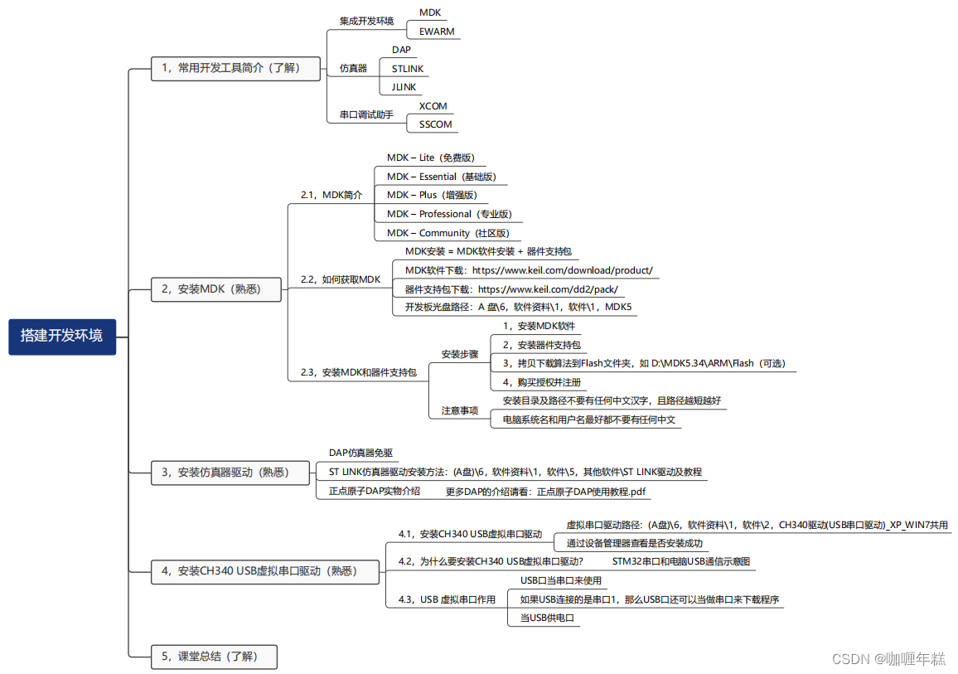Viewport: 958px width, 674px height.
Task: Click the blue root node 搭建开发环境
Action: click(x=62, y=337)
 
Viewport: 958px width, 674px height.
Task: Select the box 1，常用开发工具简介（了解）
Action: click(x=235, y=69)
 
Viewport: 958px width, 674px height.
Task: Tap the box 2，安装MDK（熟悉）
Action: click(x=216, y=289)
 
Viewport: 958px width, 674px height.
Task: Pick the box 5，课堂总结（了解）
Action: click(x=214, y=657)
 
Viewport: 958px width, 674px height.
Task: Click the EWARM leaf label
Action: click(x=437, y=32)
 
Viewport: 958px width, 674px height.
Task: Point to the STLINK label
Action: click(x=408, y=69)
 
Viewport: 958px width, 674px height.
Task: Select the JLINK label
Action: click(x=404, y=87)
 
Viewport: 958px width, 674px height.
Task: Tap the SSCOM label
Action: click(x=436, y=124)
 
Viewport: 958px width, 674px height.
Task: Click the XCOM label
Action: click(x=433, y=106)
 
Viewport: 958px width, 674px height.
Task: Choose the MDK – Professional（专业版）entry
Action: click(x=449, y=214)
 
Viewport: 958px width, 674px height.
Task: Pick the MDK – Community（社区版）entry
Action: click(x=448, y=233)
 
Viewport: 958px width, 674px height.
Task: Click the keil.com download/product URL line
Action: click(x=529, y=270)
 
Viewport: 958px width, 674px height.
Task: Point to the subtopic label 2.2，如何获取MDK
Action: click(x=340, y=279)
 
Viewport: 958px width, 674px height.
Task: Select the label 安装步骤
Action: click(x=460, y=354)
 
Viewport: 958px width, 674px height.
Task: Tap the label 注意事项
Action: click(x=460, y=410)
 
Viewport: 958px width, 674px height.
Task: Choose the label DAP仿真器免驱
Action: click(x=360, y=453)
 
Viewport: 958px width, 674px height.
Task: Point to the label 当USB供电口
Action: click(x=548, y=618)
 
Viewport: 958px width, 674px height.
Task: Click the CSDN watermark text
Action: click(x=888, y=659)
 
